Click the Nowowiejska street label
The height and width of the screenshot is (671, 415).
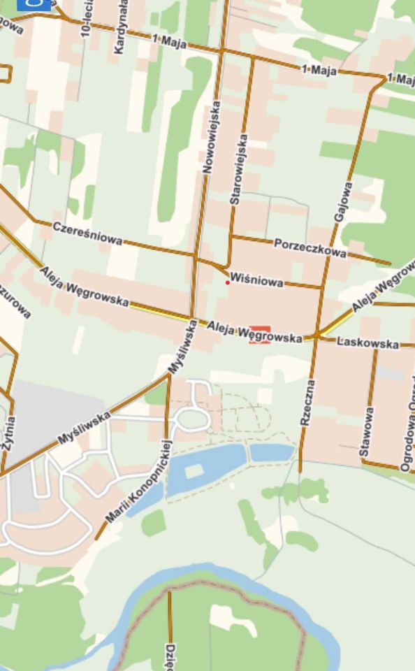[x=211, y=137]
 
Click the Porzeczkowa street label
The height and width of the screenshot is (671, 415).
[x=310, y=247]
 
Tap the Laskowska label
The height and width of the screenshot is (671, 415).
[x=367, y=342]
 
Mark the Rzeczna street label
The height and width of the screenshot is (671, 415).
[x=307, y=403]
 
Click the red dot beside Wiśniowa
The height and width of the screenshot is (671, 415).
[x=227, y=283]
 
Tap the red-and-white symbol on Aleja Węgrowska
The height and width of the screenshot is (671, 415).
[x=260, y=334]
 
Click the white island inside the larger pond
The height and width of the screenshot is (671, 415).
[x=193, y=473]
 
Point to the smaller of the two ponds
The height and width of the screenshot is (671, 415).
[x=272, y=453]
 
